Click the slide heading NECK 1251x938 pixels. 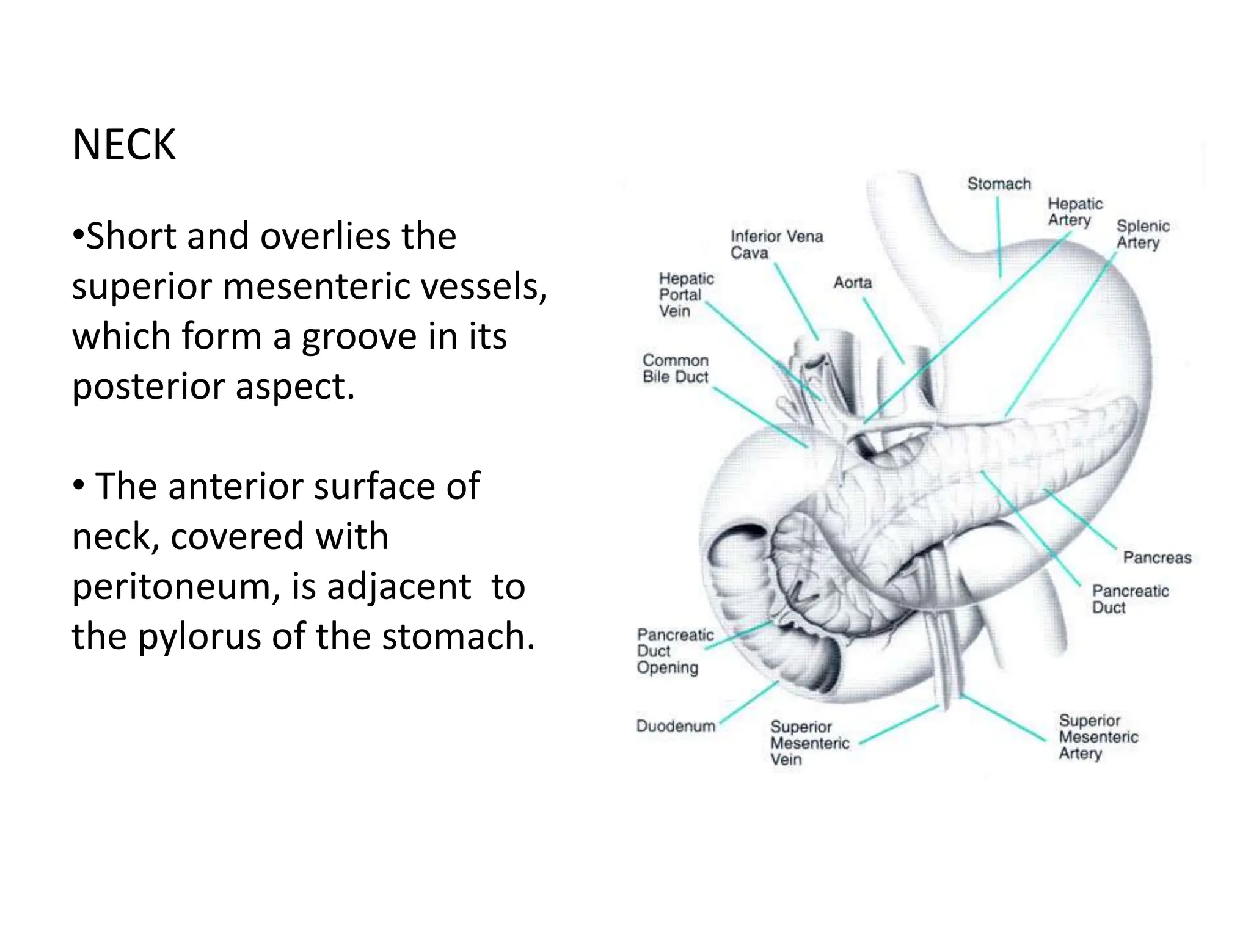124,145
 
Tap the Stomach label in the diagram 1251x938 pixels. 999,184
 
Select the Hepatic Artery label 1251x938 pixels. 1074,212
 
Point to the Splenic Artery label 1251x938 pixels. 1142,234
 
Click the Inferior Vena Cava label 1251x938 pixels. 776,244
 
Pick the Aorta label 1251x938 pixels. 853,283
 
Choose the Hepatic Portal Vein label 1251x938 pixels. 685,294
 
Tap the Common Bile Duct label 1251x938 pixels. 675,369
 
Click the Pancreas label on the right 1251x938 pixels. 1157,558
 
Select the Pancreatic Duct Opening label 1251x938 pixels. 674,651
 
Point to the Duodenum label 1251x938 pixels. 676,726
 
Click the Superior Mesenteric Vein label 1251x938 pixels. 809,743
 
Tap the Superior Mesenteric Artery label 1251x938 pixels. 1098,736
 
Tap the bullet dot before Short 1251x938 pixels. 78,235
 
